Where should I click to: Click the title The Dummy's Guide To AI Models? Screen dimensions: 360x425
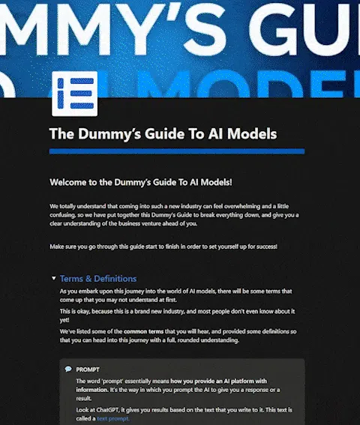pyautogui.click(x=163, y=134)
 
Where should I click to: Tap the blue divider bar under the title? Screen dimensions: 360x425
pyautogui.click(x=176, y=151)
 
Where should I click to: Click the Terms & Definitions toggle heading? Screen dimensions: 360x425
pyautogui.click(x=98, y=278)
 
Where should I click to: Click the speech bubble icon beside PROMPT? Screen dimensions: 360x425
pyautogui.click(x=68, y=369)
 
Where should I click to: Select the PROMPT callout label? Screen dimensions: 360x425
pyautogui.click(x=88, y=369)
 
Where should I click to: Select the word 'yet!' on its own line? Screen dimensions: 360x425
pyautogui.click(x=66, y=319)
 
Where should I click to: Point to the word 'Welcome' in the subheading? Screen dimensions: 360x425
pyautogui.click(x=72, y=182)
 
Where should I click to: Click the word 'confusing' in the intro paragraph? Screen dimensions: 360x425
pyautogui.click(x=69, y=214)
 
